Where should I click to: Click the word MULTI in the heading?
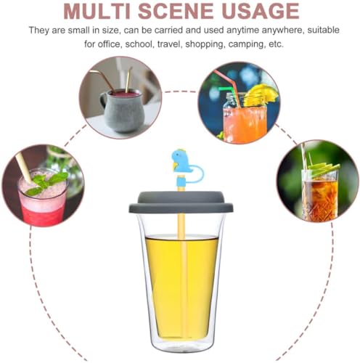(x=103, y=12)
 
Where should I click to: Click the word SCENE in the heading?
(x=189, y=12)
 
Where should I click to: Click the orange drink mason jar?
(x=243, y=122)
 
